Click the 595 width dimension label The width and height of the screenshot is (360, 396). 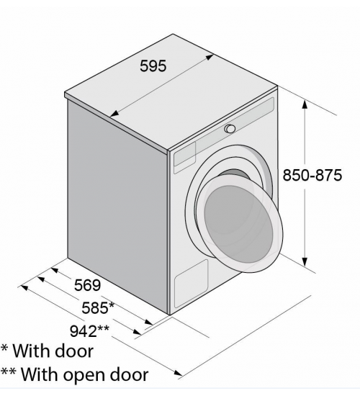coord(153,66)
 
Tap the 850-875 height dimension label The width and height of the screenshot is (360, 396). coord(312,175)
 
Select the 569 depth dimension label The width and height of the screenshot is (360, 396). coord(87,285)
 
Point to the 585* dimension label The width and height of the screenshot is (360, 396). coord(98,307)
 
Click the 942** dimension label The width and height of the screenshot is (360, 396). coord(89,331)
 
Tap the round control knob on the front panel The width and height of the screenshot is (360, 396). coord(230,129)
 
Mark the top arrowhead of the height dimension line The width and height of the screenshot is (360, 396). coord(305,104)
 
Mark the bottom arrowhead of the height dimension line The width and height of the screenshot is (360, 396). coord(305,262)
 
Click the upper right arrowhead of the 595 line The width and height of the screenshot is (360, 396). coord(208,58)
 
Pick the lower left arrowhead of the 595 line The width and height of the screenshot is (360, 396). coord(115,114)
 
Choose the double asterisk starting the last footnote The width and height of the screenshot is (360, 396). coord(8,371)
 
